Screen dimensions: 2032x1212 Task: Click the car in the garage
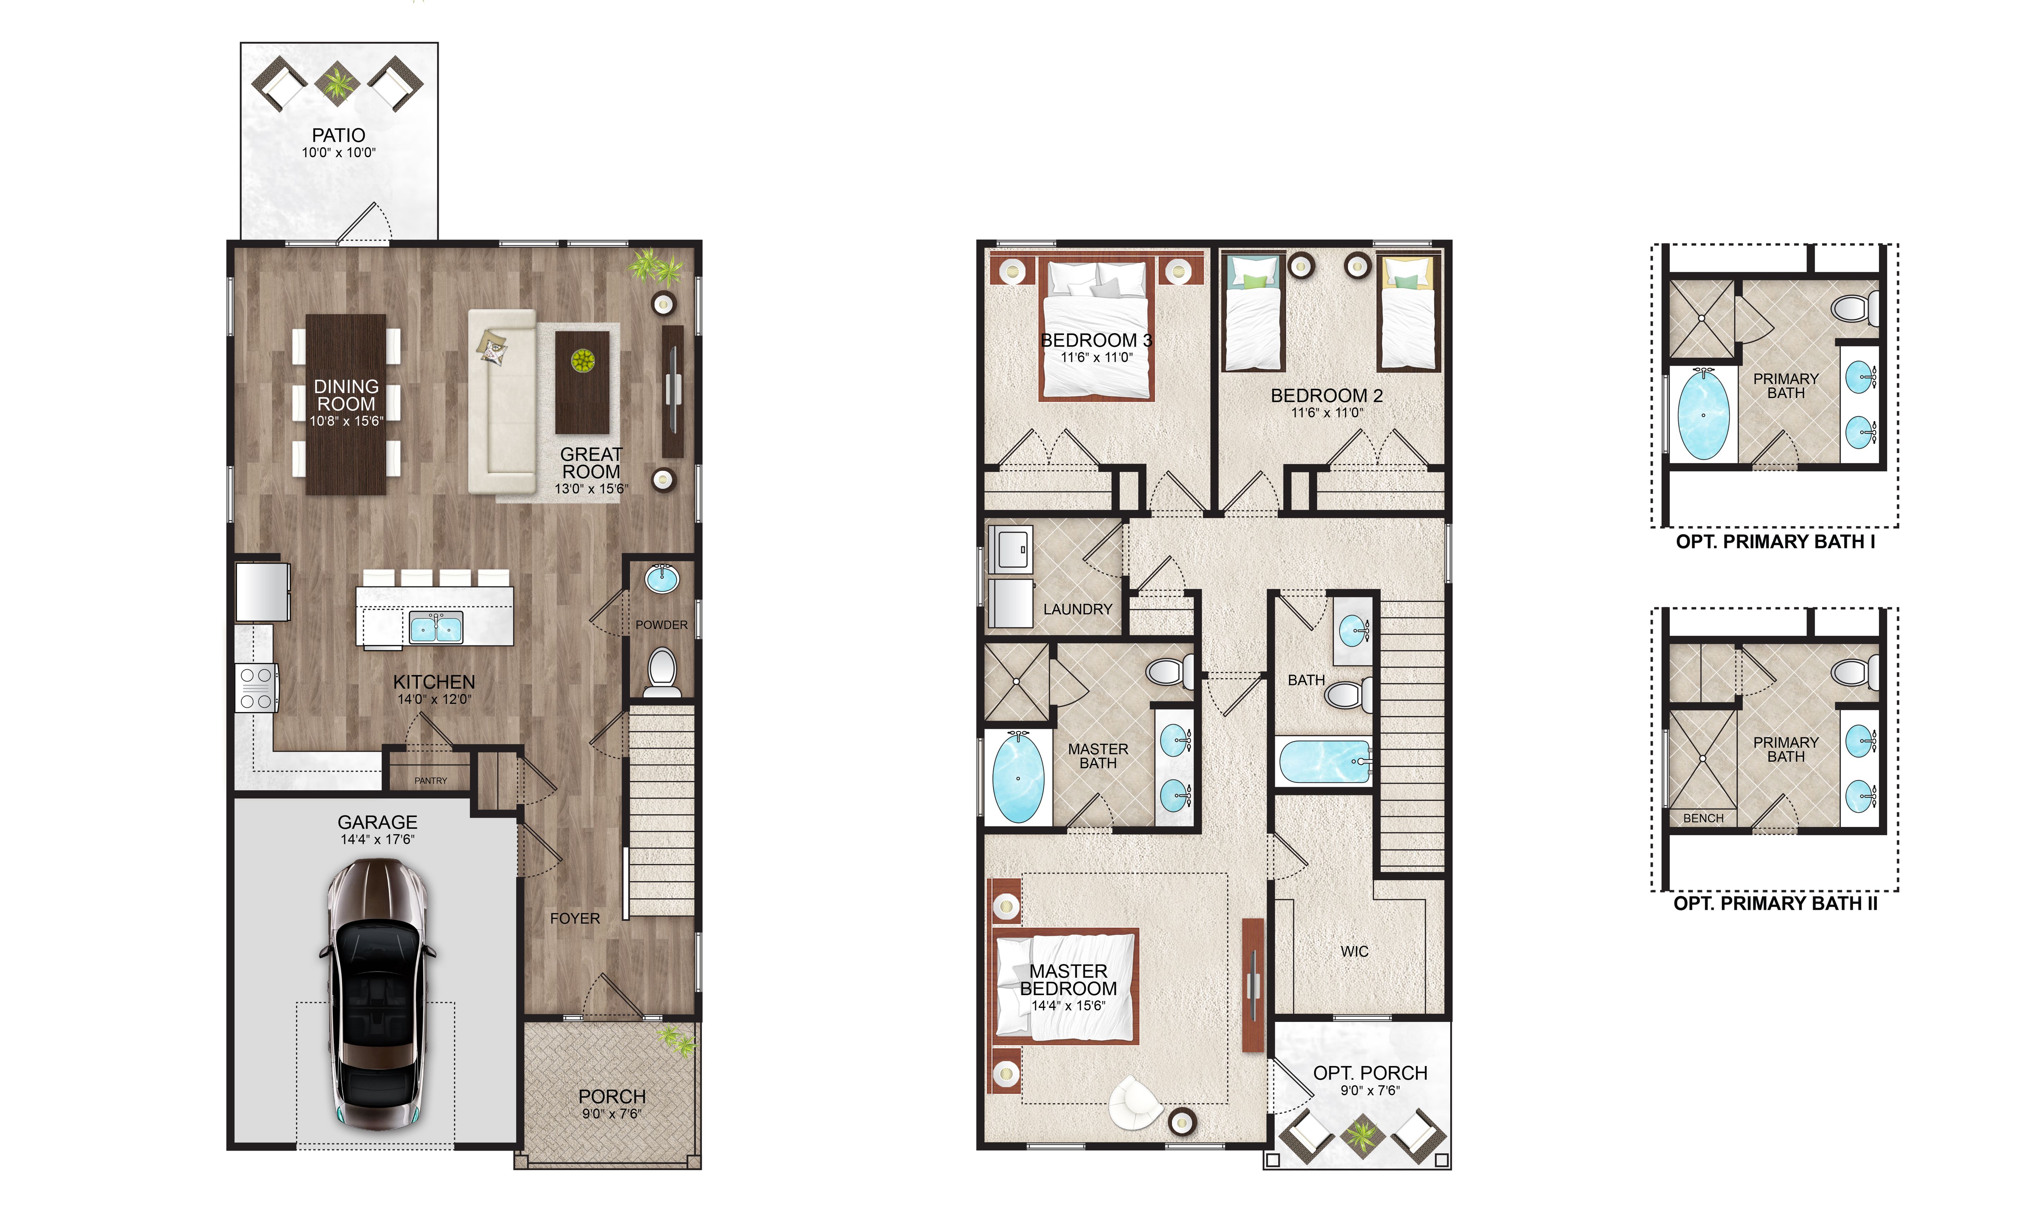pyautogui.click(x=377, y=994)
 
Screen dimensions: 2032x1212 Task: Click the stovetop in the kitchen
pyautogui.click(x=256, y=688)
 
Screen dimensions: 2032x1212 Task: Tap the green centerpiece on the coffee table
pyautogui.click(x=582, y=360)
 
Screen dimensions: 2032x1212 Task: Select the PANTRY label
pyautogui.click(x=431, y=781)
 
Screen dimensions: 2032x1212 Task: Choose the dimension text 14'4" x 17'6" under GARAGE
pyautogui.click(x=377, y=840)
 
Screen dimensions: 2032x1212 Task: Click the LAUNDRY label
pyautogui.click(x=1078, y=609)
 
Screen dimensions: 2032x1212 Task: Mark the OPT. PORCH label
pyautogui.click(x=1370, y=1073)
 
